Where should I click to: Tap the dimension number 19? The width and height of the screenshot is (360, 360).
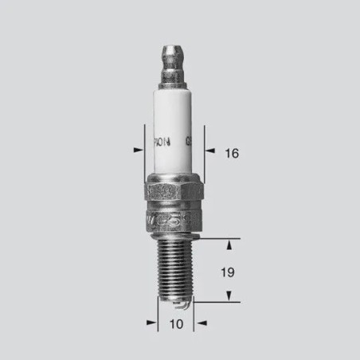click(x=227, y=272)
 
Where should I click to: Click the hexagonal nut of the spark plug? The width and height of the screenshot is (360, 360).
click(x=173, y=195)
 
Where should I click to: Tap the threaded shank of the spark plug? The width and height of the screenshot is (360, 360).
click(x=174, y=267)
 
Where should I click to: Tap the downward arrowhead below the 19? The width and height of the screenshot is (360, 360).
click(x=230, y=298)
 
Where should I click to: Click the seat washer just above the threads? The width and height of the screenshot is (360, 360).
click(x=174, y=230)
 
